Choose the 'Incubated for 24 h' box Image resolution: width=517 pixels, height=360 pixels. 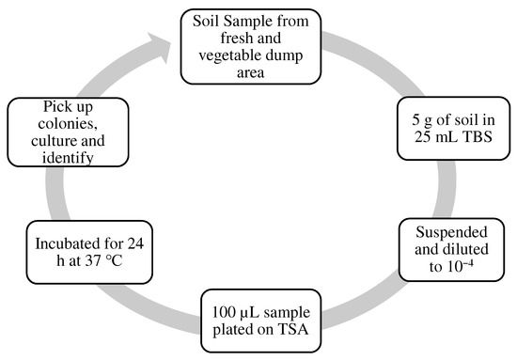coord(86,249)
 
